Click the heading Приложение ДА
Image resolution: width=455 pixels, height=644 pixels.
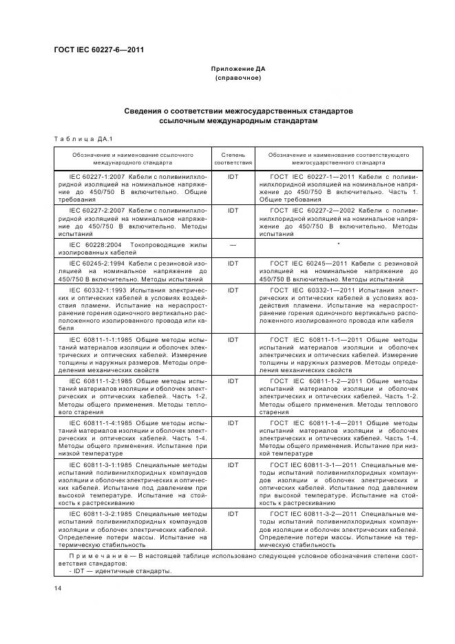[237, 69]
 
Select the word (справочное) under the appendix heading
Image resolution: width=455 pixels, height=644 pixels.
[237, 78]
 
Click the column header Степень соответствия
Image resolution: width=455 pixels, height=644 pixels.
[233, 160]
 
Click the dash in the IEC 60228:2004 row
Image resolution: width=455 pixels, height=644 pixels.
[233, 244]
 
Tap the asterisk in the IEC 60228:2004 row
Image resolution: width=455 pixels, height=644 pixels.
[339, 244]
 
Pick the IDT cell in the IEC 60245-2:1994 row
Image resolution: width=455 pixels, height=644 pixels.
[233, 263]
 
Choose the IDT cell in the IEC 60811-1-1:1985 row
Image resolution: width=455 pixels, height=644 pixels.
[233, 340]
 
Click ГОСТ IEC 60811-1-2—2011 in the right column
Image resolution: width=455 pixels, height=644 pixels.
[314, 380]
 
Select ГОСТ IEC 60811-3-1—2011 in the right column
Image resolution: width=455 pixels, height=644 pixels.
[314, 465]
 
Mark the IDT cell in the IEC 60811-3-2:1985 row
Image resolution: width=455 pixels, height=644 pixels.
[233, 513]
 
